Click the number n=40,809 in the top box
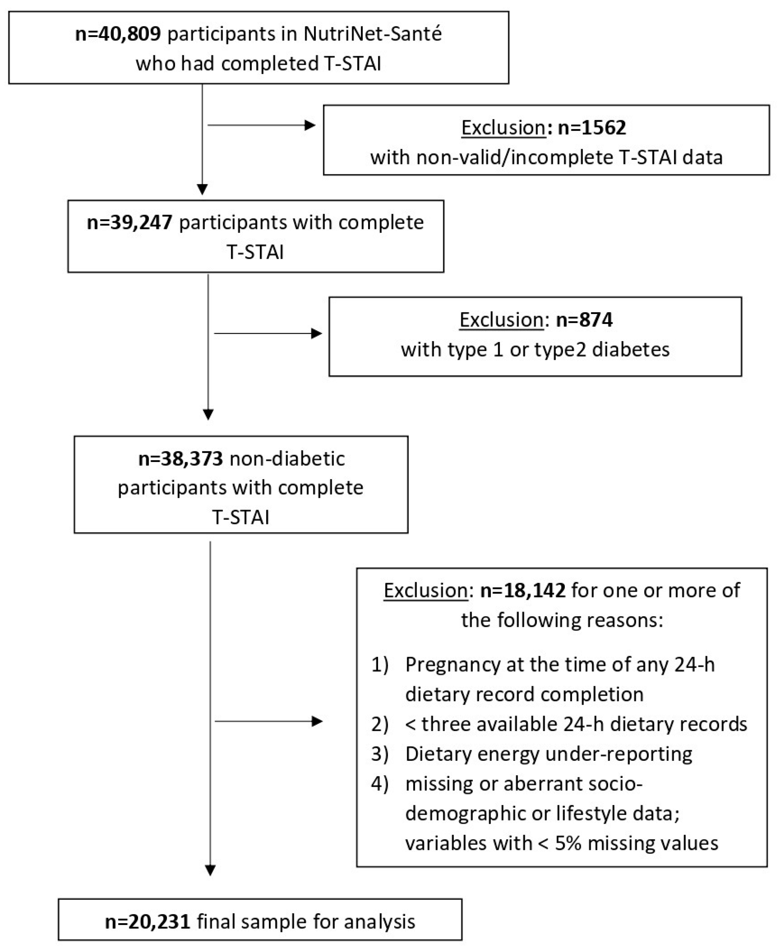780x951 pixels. [118, 34]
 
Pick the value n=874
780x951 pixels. [584, 320]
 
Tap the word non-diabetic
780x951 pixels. [287, 459]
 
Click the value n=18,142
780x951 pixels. [523, 590]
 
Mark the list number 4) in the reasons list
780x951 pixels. [380, 784]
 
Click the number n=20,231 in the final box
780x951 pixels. [148, 922]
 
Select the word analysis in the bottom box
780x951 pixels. [379, 922]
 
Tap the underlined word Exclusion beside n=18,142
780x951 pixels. [425, 590]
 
